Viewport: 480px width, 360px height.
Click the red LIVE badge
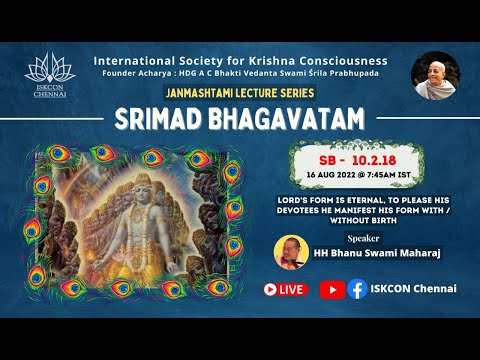pyautogui.click(x=285, y=289)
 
